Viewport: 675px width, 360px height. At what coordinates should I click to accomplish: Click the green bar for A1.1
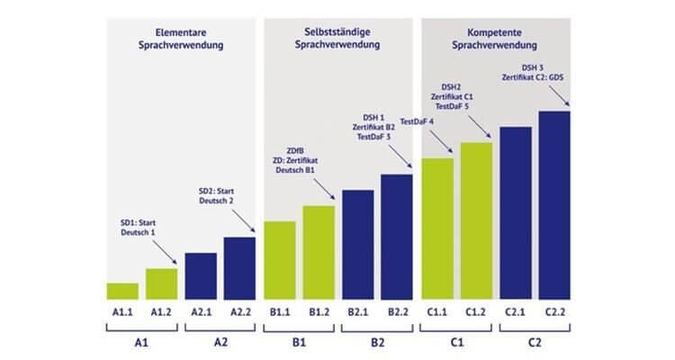click(x=122, y=291)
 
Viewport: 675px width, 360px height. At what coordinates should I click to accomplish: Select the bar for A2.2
click(x=239, y=267)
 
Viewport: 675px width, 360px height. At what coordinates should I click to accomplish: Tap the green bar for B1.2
click(x=319, y=252)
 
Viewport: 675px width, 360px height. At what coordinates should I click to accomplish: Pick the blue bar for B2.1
click(x=357, y=244)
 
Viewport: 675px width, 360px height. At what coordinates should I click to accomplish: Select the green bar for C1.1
click(x=437, y=229)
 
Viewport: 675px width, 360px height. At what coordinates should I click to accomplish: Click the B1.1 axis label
click(x=279, y=311)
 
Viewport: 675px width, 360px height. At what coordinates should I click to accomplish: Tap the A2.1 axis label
click(x=201, y=311)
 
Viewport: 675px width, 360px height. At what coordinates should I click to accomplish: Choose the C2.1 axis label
click(x=516, y=311)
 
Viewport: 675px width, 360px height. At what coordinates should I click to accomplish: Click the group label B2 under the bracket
click(x=377, y=343)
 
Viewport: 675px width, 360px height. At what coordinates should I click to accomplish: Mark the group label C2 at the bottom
click(x=535, y=343)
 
